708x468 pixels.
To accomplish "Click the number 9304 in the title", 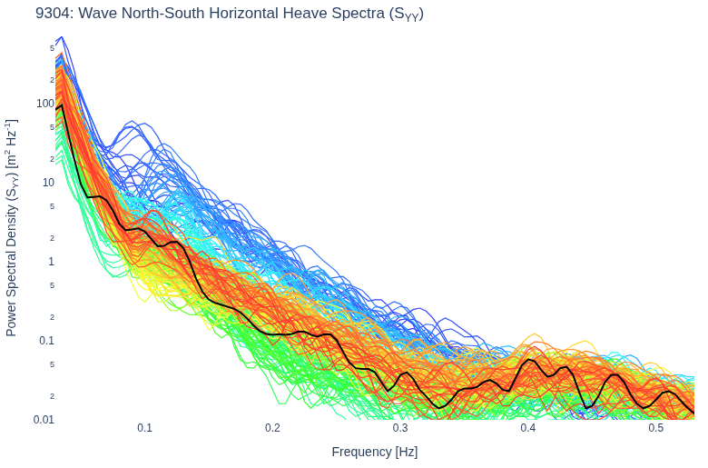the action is tap(54, 14).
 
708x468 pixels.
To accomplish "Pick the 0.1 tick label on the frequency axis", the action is tap(144, 428).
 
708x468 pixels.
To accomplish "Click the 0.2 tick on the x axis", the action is tap(272, 428).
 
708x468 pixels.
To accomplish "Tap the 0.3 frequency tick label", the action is tap(400, 428).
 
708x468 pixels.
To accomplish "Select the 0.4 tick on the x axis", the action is tap(528, 428).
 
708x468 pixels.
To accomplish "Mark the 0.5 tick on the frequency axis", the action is tap(655, 428).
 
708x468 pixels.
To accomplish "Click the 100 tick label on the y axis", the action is tap(45, 104).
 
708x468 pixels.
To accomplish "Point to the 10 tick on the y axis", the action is tap(48, 183).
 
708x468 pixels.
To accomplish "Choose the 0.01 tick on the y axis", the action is tap(44, 420).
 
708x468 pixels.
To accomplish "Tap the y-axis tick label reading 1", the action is tap(52, 262).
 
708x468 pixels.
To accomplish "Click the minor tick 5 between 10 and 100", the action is tap(53, 127).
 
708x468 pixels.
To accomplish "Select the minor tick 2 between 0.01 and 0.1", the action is tap(53, 396).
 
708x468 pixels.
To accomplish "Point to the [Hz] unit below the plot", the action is tap(407, 453).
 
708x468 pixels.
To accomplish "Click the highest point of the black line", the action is tap(62, 105).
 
